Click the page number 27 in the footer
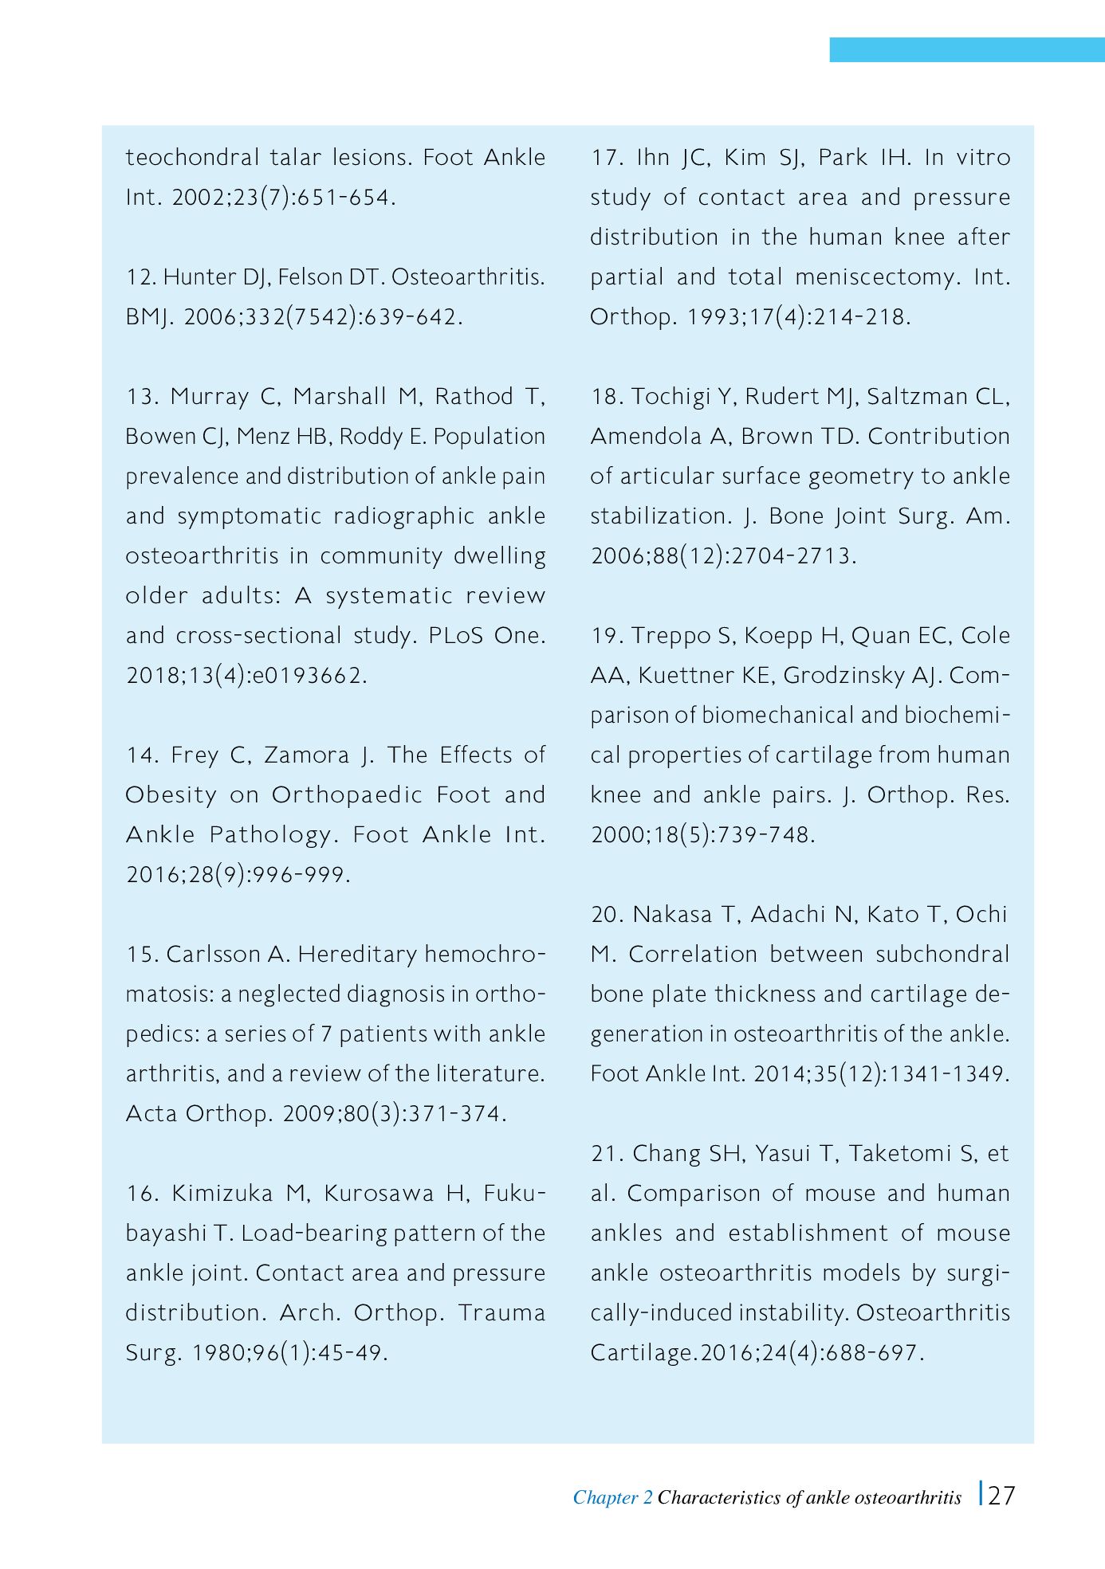1001,1496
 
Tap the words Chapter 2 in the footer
612,1497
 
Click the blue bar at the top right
966,49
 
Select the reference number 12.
140,277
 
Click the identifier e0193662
307,676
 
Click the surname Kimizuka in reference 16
222,1193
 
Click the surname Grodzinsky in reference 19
846,676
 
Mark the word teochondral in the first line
192,157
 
